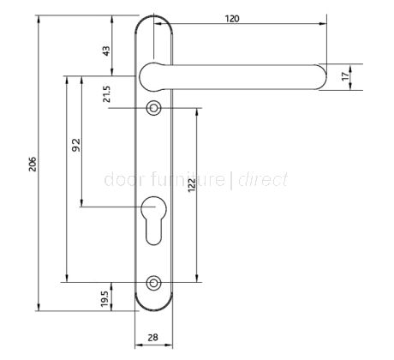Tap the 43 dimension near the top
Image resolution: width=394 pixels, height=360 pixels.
pos(106,51)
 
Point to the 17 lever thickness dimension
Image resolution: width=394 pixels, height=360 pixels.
pos(345,75)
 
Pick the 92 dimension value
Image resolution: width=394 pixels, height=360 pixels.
pos(75,147)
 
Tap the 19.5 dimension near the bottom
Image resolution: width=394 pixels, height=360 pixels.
pos(105,299)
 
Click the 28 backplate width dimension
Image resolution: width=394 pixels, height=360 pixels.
pos(154,337)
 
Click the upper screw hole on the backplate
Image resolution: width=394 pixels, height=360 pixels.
pos(154,108)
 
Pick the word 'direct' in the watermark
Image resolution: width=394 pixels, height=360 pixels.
pos(262,180)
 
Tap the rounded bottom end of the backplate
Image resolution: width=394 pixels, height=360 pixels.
pos(154,304)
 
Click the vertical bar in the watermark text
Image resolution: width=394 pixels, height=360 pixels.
pos(231,180)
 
